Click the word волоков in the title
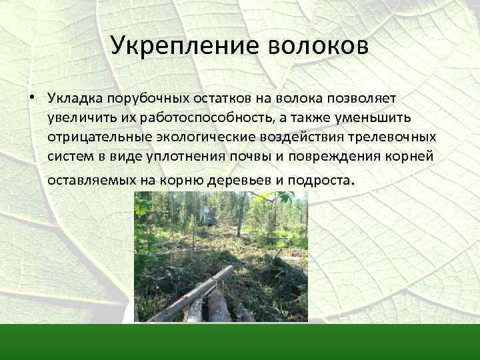[x=317, y=46]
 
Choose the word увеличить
[x=75, y=118]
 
